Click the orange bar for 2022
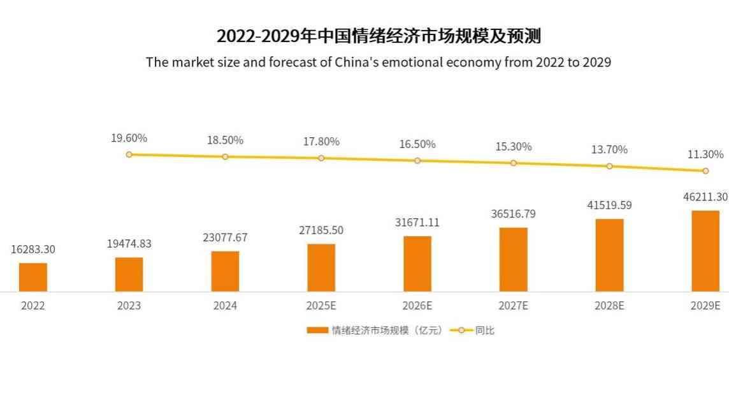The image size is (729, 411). click(33, 277)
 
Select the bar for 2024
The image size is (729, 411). click(225, 271)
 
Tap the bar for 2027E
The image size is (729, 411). click(514, 259)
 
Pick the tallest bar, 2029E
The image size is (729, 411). click(705, 251)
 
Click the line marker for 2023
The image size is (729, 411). click(129, 154)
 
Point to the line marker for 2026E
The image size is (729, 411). click(417, 161)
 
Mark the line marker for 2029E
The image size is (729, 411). click(705, 171)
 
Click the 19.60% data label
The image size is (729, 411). click(129, 138)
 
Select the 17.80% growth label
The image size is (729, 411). click(321, 142)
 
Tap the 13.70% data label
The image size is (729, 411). click(609, 149)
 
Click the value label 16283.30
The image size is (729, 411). click(33, 250)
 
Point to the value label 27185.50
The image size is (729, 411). click(321, 230)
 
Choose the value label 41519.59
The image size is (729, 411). click(609, 205)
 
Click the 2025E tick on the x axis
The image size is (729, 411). click(321, 306)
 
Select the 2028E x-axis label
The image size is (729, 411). click(609, 306)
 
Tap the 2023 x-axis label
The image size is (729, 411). click(129, 306)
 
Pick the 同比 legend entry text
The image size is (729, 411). click(485, 331)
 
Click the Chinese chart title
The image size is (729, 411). click(379, 36)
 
